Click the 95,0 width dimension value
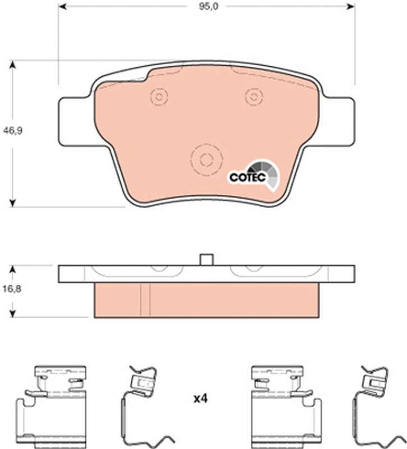209,6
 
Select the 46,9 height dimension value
12,131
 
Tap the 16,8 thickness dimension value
12,288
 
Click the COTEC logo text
248,177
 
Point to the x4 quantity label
200,398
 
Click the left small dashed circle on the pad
159,97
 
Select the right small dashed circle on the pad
254,97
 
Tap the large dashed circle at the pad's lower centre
206,159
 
